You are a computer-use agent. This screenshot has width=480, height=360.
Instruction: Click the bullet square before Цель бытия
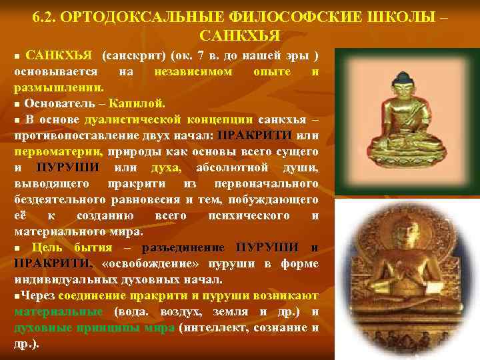coord(18,248)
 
